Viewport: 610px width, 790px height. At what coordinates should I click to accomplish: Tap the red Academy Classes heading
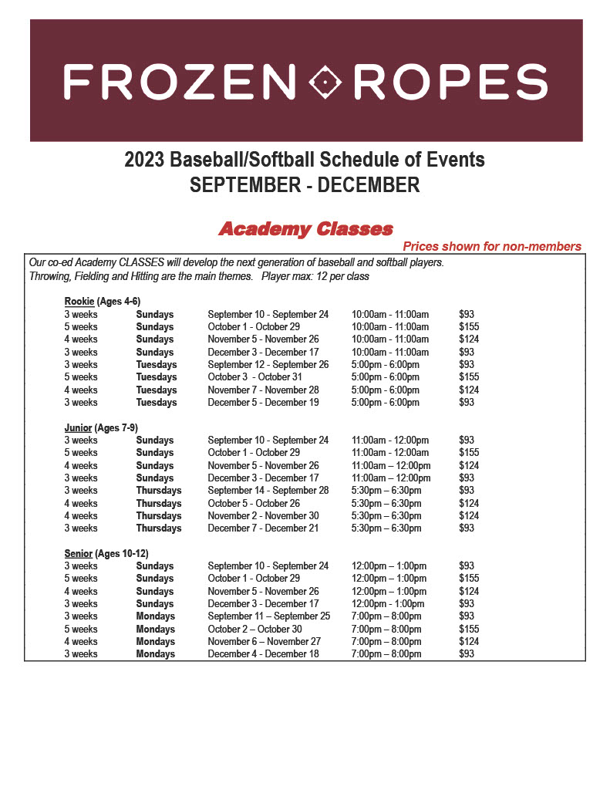(305, 229)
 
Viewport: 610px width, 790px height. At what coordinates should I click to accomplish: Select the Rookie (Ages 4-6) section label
(102, 301)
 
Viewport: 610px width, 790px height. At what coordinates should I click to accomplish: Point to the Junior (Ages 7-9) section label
(101, 427)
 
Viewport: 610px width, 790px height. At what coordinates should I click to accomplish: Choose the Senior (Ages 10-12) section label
(106, 553)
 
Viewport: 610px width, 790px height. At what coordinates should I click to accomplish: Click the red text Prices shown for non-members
(492, 247)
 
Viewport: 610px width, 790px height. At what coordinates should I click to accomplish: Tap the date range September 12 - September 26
(268, 365)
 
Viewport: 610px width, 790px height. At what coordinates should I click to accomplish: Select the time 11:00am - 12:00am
(390, 453)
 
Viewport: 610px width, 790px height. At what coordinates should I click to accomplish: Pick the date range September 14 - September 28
(268, 491)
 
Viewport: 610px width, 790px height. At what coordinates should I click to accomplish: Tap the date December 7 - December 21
(263, 528)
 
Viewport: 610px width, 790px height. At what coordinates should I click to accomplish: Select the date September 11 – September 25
(268, 616)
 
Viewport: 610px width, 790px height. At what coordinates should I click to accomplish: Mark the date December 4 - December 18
(263, 654)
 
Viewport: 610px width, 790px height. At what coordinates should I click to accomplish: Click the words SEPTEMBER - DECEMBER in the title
(305, 185)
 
